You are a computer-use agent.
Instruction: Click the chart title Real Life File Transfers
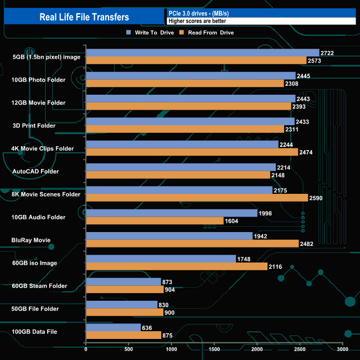point(84,17)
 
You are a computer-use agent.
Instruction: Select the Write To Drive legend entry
point(148,33)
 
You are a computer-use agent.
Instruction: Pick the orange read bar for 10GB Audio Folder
point(155,220)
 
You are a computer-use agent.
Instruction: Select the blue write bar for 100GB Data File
point(113,327)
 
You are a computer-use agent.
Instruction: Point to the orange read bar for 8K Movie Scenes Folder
point(197,198)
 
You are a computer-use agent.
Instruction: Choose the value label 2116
point(276,267)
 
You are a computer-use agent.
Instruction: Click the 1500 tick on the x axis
point(214,349)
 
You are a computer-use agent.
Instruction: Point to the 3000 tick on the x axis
point(343,349)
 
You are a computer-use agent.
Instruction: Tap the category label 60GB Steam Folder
point(39,286)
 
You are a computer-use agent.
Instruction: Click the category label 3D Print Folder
point(39,125)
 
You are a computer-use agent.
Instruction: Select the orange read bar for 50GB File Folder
point(125,312)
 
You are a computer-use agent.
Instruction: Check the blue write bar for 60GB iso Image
point(161,259)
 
